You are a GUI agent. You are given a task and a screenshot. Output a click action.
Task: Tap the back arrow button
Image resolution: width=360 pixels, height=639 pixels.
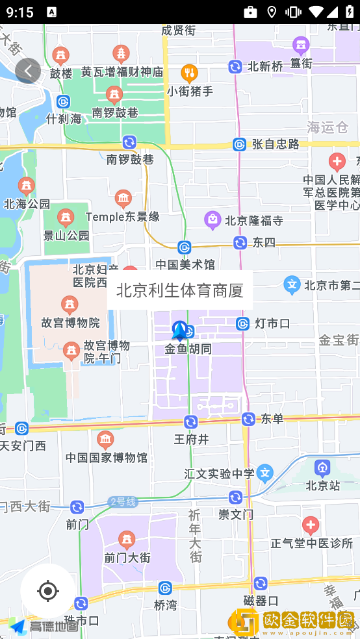pos(28,71)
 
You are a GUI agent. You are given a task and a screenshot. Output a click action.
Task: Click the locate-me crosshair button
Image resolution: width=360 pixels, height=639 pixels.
pos(47,591)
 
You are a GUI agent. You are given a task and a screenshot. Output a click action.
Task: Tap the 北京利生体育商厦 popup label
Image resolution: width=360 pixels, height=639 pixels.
pos(179,290)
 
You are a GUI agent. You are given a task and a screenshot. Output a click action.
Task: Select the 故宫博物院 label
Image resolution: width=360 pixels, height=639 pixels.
pos(71,322)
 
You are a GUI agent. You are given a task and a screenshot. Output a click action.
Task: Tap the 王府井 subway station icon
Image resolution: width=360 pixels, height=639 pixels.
pos(190,422)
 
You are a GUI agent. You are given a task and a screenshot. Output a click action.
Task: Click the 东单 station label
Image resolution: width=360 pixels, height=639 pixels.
pos(273,419)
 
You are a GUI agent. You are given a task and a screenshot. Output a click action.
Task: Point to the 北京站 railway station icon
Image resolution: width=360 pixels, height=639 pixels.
pos(322,468)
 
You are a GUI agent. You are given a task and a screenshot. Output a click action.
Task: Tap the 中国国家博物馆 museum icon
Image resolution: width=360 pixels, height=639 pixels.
pos(105,440)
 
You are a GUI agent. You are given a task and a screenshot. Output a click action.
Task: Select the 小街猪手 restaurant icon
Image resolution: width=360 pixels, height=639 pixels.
pos(190,73)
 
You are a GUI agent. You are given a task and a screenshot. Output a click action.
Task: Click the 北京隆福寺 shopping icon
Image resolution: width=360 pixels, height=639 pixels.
pos(212,220)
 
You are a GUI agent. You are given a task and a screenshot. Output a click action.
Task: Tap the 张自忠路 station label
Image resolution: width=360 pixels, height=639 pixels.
pos(276,144)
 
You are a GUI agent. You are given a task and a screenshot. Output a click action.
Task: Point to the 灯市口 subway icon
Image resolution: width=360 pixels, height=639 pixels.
pos(243,323)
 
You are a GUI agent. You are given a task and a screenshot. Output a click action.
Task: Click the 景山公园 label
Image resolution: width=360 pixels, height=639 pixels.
pos(66,235)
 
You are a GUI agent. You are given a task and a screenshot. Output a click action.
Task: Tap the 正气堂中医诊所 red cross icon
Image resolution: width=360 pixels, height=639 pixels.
pos(311,525)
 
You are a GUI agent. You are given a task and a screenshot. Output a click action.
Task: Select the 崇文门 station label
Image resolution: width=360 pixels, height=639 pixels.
pos(235,514)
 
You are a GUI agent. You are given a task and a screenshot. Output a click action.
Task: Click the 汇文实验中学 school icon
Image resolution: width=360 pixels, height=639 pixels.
pos(264,473)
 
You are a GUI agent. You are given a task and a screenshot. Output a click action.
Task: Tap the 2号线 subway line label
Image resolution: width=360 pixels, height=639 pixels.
pos(123,502)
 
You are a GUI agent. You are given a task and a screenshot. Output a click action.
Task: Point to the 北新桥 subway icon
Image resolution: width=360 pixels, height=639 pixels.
pos(235,66)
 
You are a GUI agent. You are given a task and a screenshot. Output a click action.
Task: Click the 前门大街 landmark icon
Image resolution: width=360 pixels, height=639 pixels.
pos(127,539)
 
